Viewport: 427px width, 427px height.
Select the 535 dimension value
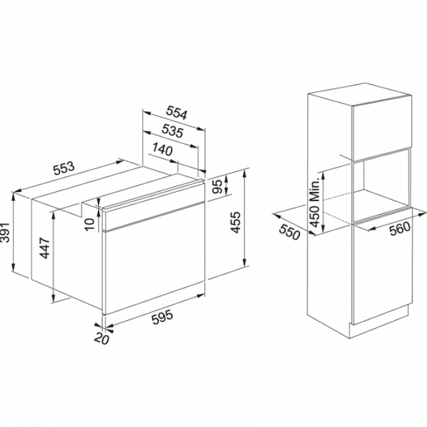tap(172, 131)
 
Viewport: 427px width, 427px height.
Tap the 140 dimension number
tap(162, 149)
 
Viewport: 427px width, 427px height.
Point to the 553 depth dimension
tap(64, 168)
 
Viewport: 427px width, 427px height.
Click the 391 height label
tap(5, 233)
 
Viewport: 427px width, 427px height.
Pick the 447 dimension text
tap(44, 248)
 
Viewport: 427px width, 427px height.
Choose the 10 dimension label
tap(89, 224)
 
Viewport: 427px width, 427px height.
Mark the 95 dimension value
tap(217, 187)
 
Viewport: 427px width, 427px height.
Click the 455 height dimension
tap(236, 222)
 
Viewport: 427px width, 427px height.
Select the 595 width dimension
tap(162, 317)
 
